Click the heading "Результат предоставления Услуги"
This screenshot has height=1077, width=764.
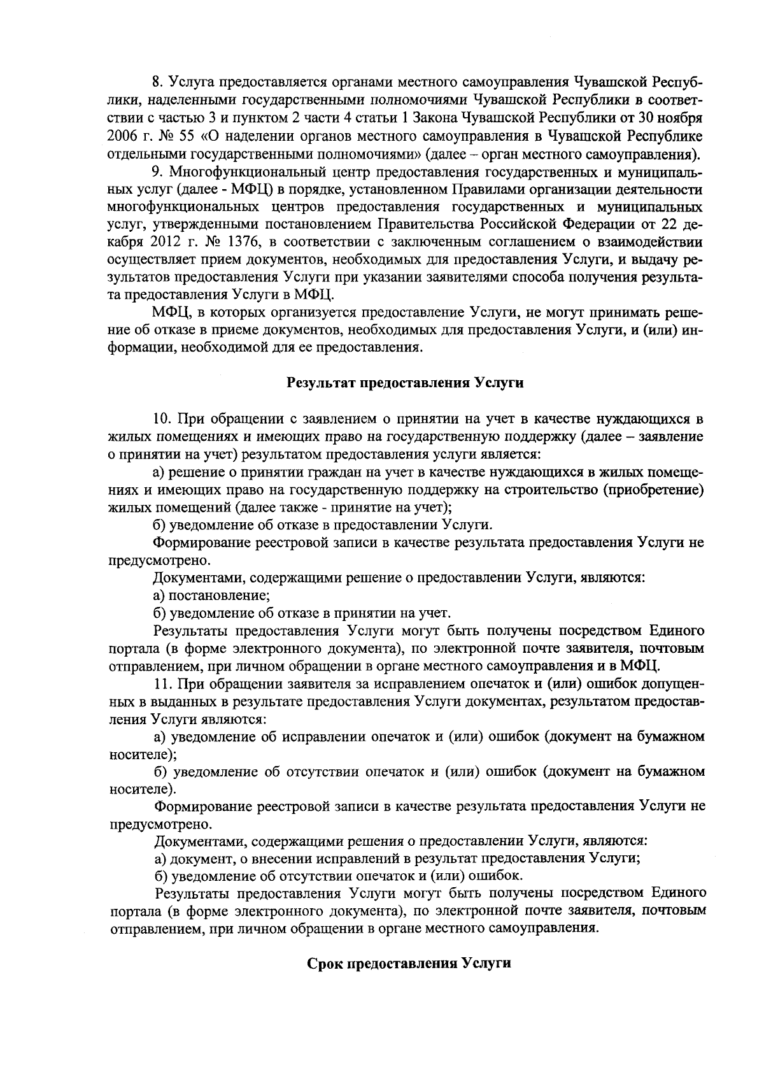(x=405, y=383)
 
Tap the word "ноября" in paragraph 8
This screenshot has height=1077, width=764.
(x=683, y=118)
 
